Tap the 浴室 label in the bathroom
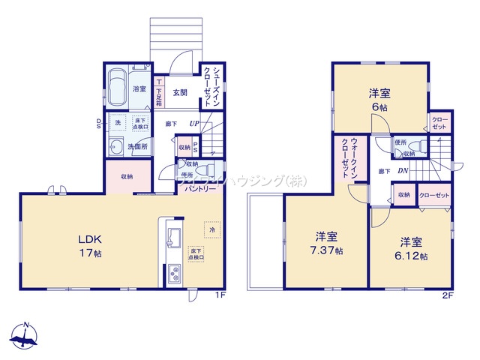[139, 88]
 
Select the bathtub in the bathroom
[118, 88]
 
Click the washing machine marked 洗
[118, 122]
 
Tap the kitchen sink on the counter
[170, 237]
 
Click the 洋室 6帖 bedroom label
[379, 100]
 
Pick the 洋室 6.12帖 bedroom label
[412, 249]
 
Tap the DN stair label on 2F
[403, 170]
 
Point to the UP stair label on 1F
[194, 124]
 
